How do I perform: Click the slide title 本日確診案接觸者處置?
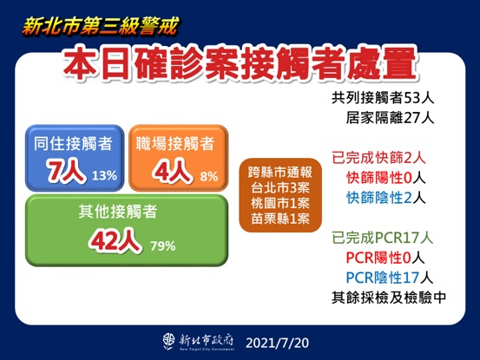click(x=240, y=68)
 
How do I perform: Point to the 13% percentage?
click(x=104, y=176)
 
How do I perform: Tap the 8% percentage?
click(x=208, y=176)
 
